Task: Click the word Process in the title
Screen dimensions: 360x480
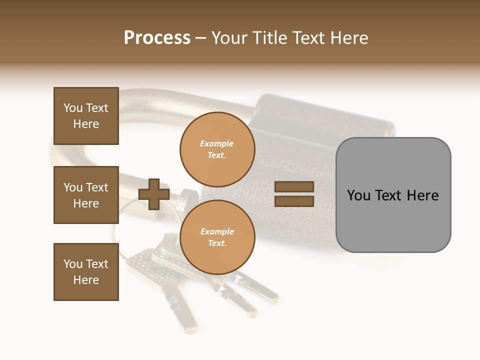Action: click(x=157, y=38)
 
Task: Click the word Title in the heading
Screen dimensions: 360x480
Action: click(x=269, y=38)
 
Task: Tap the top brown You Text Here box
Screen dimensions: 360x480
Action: click(x=86, y=116)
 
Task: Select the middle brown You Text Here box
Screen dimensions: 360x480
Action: click(x=86, y=195)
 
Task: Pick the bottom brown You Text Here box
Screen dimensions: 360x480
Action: click(x=86, y=272)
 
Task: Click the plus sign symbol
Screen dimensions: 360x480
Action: click(x=154, y=194)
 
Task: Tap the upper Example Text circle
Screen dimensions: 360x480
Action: click(x=217, y=149)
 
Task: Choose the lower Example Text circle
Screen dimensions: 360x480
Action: click(x=217, y=237)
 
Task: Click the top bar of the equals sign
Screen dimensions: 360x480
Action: click(x=294, y=186)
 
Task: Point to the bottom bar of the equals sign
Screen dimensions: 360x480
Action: click(x=294, y=201)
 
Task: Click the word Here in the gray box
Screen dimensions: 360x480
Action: click(x=422, y=195)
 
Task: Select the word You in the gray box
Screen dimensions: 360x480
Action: click(x=359, y=195)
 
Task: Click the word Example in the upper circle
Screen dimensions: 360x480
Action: click(x=217, y=143)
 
